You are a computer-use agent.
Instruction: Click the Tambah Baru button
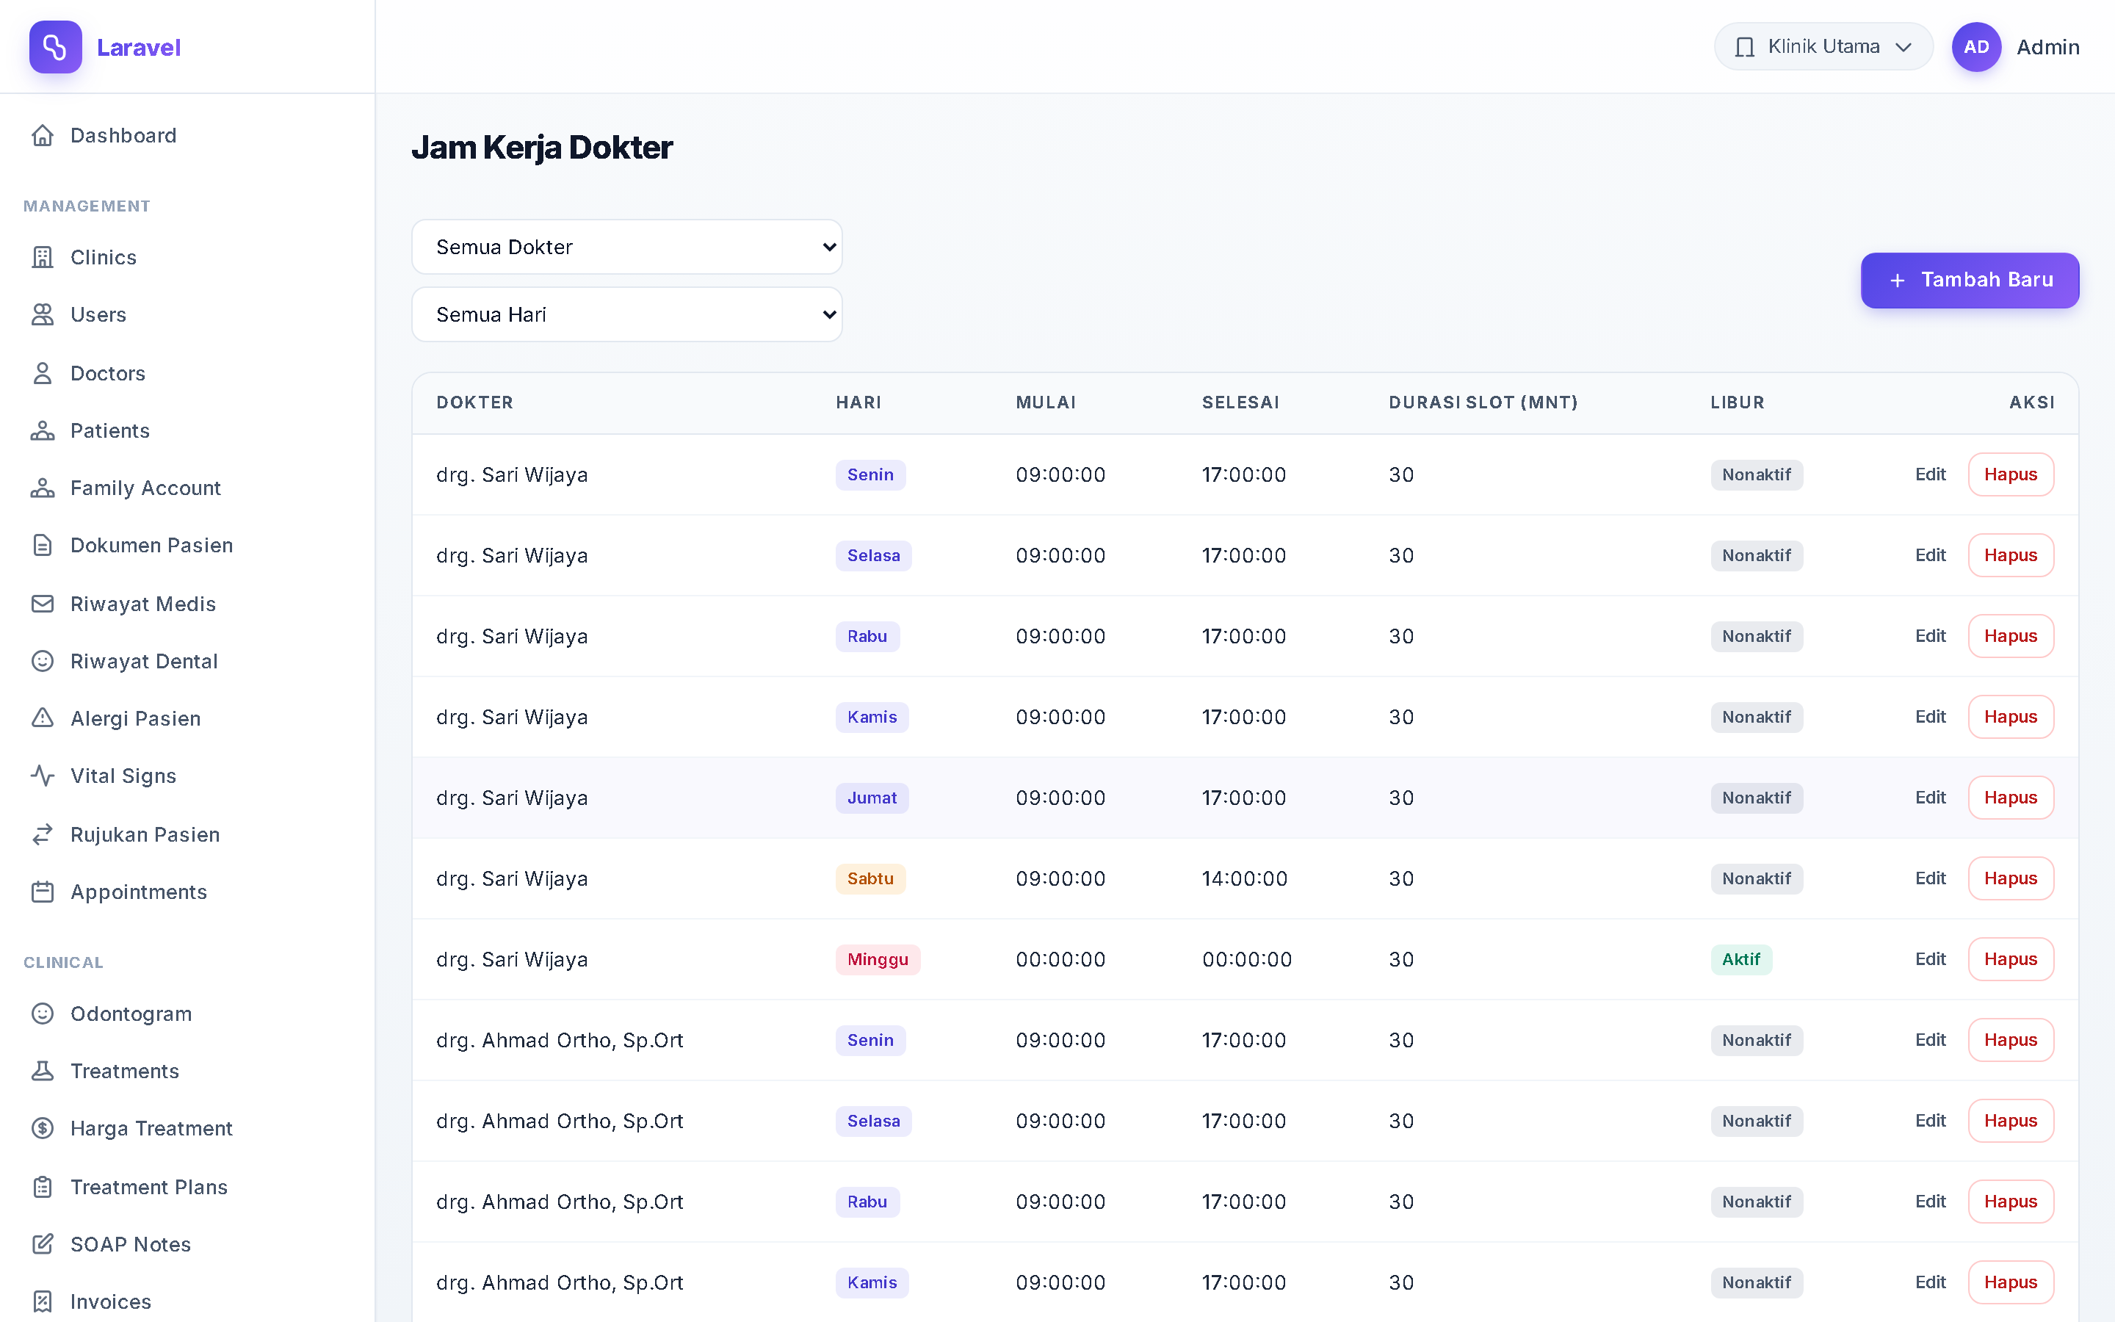(1969, 280)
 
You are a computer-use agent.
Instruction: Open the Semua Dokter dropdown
(626, 247)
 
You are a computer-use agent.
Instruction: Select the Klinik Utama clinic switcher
(1823, 46)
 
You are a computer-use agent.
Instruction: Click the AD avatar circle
(1976, 46)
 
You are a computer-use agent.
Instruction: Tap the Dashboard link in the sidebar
(123, 136)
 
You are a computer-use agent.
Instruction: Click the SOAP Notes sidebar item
(130, 1244)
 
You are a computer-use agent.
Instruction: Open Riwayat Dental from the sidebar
(144, 661)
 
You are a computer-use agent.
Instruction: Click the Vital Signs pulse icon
(43, 776)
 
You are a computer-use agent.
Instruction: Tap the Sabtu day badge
(870, 878)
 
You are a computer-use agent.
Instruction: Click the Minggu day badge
(878, 959)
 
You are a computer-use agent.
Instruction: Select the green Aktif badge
(1741, 959)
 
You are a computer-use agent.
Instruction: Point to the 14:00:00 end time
(1245, 878)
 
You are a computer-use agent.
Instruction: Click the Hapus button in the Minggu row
(2010, 959)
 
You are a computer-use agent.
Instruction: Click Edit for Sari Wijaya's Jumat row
(1930, 798)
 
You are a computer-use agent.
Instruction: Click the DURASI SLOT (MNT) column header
(1483, 402)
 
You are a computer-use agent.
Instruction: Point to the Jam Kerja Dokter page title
(542, 147)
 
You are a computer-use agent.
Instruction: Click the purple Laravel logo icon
(55, 46)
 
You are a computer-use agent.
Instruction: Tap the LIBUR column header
(1738, 402)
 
